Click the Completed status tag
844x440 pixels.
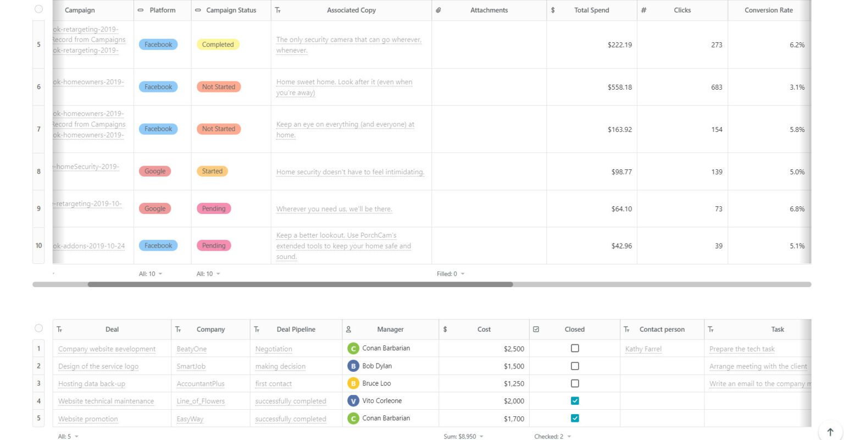tap(218, 45)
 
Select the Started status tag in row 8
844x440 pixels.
tap(212, 171)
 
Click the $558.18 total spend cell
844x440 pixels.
tap(619, 87)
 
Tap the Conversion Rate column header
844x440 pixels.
tap(768, 10)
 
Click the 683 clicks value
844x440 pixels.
tap(717, 87)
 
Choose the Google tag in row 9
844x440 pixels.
tap(155, 208)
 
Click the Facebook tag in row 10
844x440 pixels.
tap(158, 245)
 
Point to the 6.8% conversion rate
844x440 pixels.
tap(797, 209)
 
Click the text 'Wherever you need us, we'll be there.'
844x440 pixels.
tap(334, 209)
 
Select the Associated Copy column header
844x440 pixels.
tap(351, 10)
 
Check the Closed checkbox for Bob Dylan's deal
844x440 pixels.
tap(575, 366)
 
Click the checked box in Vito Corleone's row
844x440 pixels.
tap(575, 401)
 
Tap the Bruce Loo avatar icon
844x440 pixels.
tap(353, 383)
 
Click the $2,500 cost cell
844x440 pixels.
tap(514, 349)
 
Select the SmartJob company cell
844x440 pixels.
tap(191, 366)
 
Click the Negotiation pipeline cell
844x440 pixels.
tap(274, 349)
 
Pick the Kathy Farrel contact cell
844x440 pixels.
tap(643, 349)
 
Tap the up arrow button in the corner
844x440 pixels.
tap(830, 432)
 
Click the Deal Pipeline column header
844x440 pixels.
tap(296, 329)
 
